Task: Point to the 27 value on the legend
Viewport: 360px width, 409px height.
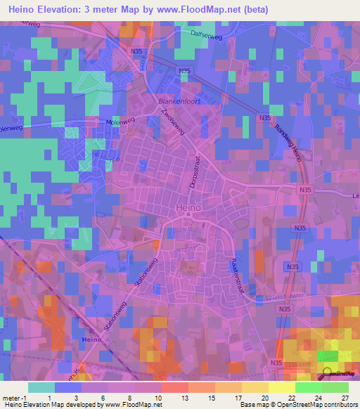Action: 345,397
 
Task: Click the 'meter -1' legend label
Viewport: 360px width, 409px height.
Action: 14,397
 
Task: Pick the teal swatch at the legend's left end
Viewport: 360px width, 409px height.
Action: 41,387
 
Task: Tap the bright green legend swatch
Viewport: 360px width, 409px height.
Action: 308,387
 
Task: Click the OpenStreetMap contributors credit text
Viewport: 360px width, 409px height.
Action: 318,405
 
